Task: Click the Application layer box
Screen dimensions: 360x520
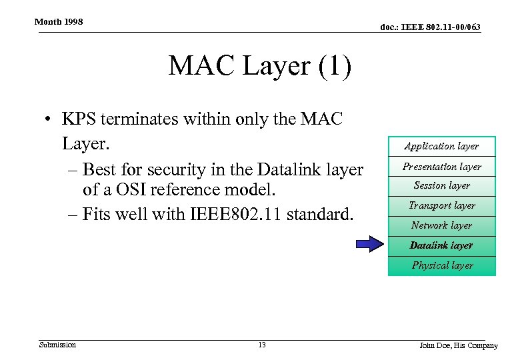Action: [441, 146]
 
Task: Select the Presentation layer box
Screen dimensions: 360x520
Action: [441, 166]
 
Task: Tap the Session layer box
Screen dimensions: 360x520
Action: [441, 185]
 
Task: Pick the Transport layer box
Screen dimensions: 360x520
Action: [441, 205]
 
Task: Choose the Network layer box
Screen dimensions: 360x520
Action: [441, 225]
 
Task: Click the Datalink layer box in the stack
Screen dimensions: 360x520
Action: [441, 245]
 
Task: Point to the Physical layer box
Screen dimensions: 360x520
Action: [441, 265]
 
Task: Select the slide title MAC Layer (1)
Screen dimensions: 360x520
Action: [260, 67]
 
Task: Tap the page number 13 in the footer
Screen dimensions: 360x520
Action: [261, 345]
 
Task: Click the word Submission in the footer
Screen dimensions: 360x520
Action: [57, 345]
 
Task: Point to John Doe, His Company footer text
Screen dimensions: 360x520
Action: [458, 345]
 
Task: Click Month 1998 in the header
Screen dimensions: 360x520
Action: [59, 22]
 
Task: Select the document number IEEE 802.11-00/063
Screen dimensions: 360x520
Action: [430, 27]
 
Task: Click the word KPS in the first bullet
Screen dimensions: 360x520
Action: [79, 120]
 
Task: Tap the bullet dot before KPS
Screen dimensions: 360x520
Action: [49, 121]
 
